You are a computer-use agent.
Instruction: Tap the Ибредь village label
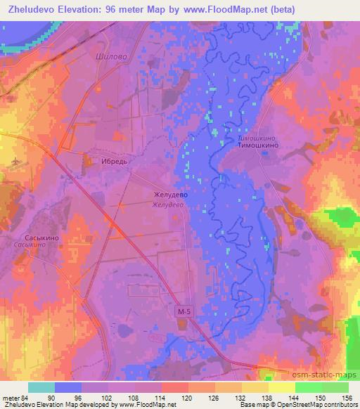[x=115, y=161]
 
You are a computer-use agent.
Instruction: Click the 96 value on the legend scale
[x=89, y=397]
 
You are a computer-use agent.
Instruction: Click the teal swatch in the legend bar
[x=41, y=387]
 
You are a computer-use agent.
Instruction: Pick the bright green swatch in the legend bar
[x=309, y=387]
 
